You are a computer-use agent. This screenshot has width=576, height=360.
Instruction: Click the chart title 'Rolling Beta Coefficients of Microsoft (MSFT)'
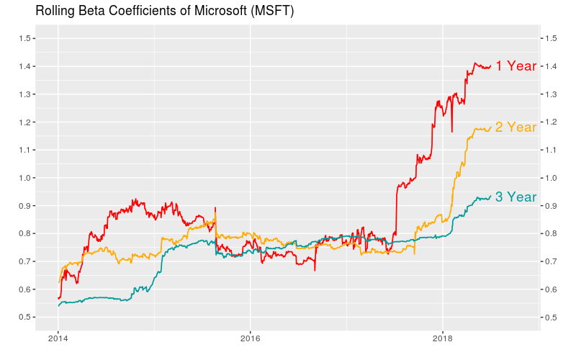coord(165,12)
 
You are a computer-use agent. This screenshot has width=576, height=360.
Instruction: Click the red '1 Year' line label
coord(516,66)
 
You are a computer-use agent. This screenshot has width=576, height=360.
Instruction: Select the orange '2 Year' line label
coord(516,127)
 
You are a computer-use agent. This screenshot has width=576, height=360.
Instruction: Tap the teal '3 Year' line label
coord(516,197)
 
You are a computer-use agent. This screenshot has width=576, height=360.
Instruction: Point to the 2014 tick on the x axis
coord(58,338)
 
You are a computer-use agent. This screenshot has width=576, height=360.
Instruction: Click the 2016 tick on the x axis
coord(250,338)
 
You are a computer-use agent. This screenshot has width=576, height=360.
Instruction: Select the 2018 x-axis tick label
coord(442,338)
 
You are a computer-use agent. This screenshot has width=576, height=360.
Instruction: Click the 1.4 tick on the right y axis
coord(550,66)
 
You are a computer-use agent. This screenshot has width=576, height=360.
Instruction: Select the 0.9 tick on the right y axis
coord(550,206)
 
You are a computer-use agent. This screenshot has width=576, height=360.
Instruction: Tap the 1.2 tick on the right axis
coord(550,122)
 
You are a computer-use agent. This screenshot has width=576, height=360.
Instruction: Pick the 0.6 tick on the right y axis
coord(550,289)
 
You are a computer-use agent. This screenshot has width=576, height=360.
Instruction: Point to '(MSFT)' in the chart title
coord(272,12)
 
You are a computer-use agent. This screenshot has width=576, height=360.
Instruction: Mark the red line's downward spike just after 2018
coord(452,130)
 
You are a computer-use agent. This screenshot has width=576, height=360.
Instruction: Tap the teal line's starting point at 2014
coord(58,306)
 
